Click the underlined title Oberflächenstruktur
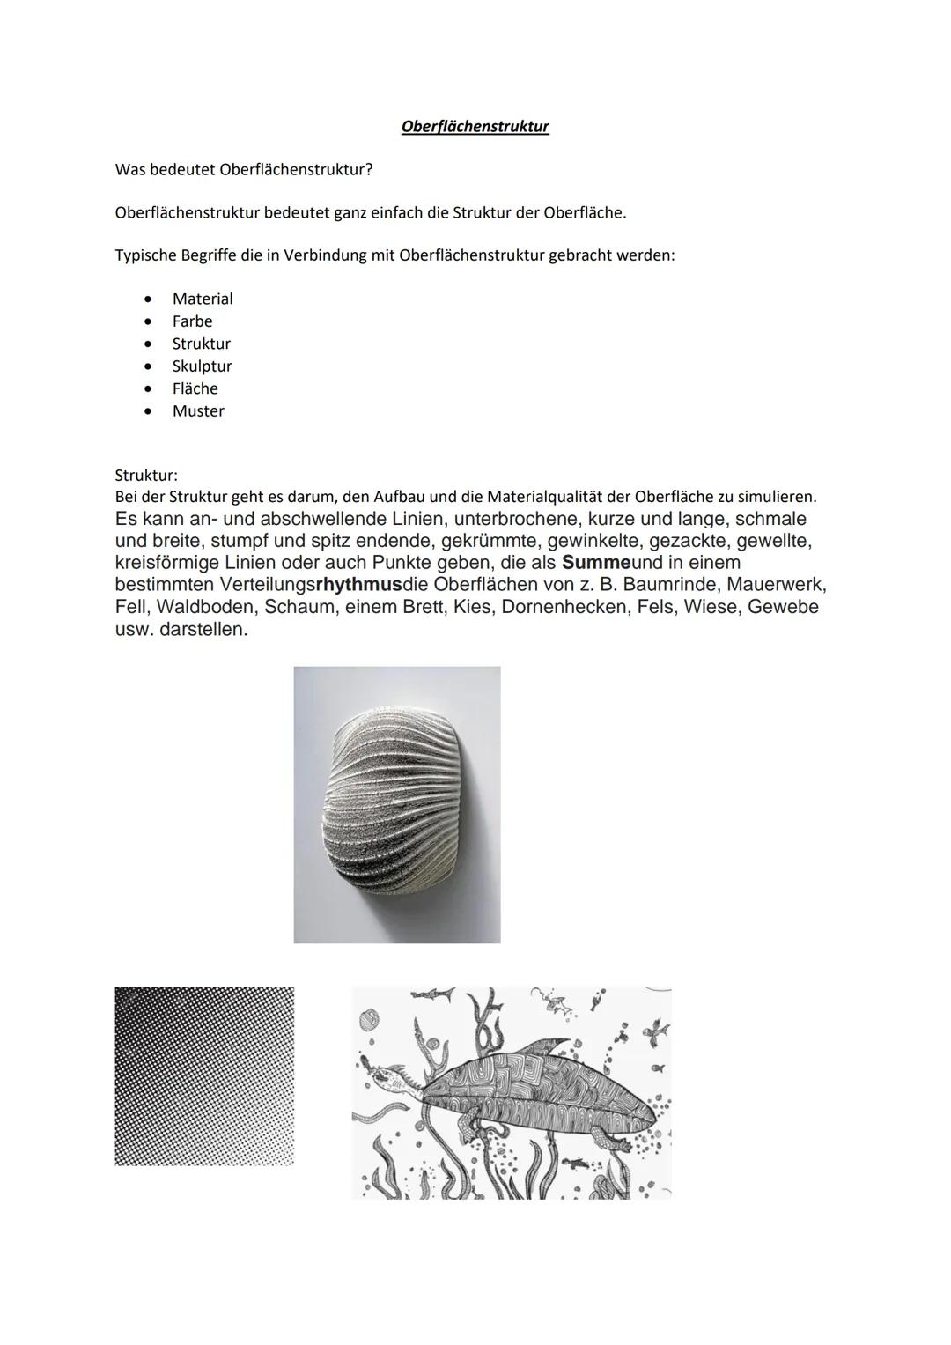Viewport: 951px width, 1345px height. [x=475, y=127]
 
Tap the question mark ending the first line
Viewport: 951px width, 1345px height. [x=369, y=169]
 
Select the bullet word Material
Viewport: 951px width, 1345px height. [x=203, y=299]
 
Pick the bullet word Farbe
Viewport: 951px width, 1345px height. [x=192, y=321]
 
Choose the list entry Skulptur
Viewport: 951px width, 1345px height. [x=202, y=366]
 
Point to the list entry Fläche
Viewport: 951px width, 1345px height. [x=195, y=388]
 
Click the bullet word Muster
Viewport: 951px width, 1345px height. [x=198, y=411]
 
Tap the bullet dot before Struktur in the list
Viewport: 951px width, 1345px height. [x=151, y=344]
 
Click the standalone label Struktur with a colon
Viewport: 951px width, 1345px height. [x=146, y=476]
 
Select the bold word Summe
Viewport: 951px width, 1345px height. [x=596, y=563]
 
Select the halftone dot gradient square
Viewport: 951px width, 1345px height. [x=204, y=1075]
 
